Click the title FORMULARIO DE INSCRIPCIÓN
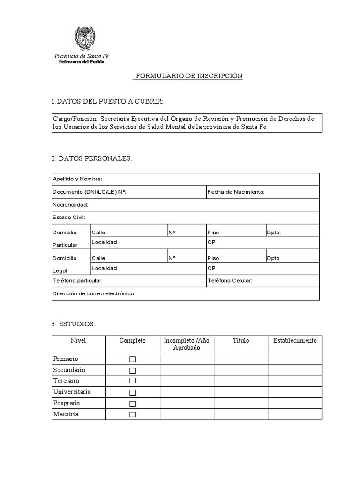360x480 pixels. (x=187, y=76)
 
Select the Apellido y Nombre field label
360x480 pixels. (x=77, y=179)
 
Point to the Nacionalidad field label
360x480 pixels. (x=70, y=205)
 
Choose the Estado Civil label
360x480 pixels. (x=69, y=217)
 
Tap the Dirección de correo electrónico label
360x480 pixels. (x=93, y=293)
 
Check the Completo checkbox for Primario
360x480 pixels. (x=133, y=360)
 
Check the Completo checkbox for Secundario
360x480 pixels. (x=133, y=370)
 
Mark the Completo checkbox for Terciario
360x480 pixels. (x=133, y=381)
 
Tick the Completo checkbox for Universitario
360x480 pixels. (x=133, y=392)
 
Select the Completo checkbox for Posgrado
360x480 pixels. (x=133, y=404)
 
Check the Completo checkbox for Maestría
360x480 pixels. (x=133, y=414)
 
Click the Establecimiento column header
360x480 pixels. (x=295, y=341)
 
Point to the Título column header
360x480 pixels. (x=241, y=341)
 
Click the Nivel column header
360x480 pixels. (x=78, y=341)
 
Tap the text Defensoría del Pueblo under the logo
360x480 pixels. (x=81, y=62)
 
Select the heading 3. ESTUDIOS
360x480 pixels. (x=74, y=324)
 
